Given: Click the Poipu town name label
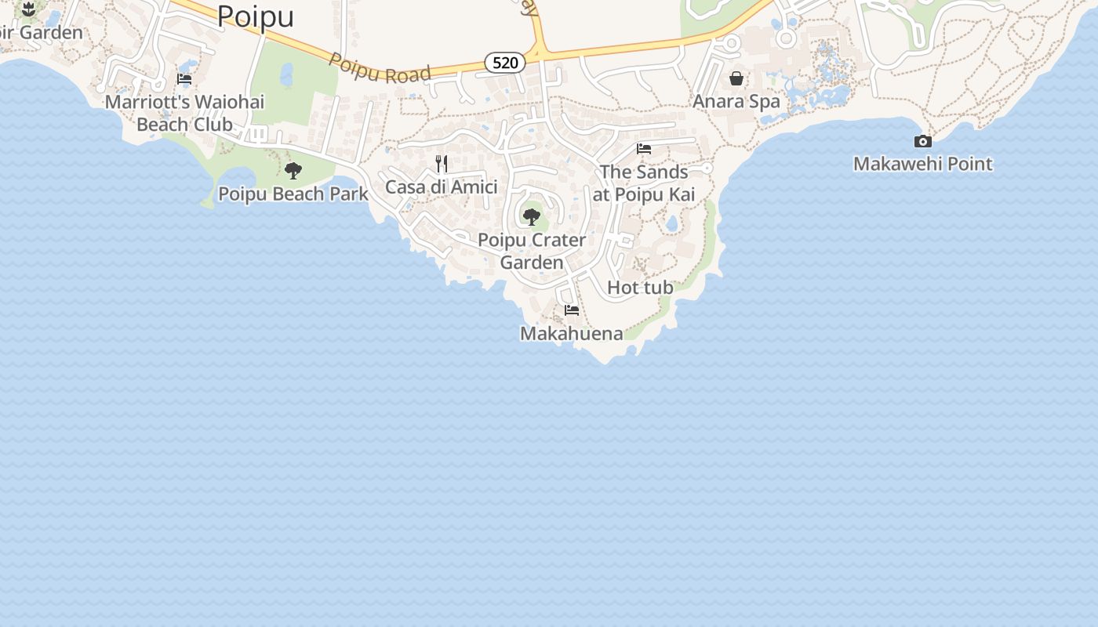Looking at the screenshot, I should point(255,16).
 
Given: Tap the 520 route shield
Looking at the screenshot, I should point(505,63).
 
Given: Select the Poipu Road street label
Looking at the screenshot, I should point(380,68).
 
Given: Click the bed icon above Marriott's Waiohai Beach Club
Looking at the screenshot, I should point(184,79).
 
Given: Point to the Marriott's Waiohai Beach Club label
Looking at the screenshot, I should point(185,113).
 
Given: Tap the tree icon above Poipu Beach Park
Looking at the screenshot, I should point(293,170).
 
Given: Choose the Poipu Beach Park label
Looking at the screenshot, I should point(293,194).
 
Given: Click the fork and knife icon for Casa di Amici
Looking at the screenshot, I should point(442,163).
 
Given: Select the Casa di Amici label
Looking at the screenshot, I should point(441,187).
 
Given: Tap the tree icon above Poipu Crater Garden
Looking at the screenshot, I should point(532,216).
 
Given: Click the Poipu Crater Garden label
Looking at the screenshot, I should point(532,251).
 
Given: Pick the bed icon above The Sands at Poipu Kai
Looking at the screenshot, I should point(644,148).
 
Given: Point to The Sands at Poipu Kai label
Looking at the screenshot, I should point(644,183).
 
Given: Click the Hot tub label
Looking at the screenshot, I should point(640,288).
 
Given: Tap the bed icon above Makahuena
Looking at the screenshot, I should point(572,310).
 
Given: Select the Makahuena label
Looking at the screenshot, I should point(572,334).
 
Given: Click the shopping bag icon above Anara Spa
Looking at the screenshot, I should point(736,78).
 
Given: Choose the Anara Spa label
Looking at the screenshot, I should point(736,102).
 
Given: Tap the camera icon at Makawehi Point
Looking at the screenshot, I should point(923,141).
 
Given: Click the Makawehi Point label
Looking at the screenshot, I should point(923,165).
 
